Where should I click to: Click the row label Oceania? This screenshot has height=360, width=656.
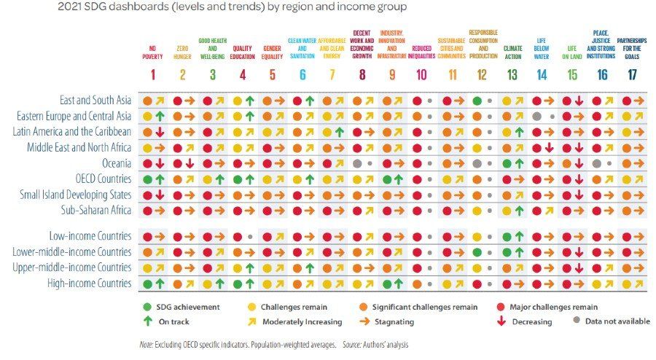coord(117,163)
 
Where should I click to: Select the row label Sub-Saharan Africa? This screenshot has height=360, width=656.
coord(96,210)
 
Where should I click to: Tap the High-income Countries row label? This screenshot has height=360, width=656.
coord(90,283)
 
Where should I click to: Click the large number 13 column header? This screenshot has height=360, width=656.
coord(512,75)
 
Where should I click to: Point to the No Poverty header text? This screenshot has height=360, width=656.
coord(152,52)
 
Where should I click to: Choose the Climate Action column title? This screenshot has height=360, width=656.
coord(512,52)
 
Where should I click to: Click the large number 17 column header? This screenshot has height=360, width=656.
coord(632,75)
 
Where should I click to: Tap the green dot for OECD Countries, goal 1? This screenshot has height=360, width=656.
coord(147,180)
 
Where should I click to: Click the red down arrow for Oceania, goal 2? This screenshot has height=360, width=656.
coord(190,164)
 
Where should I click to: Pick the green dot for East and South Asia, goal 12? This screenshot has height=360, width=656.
coord(477,101)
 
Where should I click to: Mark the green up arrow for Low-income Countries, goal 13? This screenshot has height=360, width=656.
coord(519,236)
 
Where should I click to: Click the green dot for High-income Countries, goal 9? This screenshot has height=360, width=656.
coord(387,284)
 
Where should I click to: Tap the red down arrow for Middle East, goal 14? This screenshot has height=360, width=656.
coord(550,148)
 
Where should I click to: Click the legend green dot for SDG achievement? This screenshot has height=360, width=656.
coord(147,307)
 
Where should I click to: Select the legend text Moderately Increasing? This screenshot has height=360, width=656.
coord(302,321)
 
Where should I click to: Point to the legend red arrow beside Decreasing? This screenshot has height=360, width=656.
coord(501,321)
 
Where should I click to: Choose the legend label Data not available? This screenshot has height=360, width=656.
coord(617,321)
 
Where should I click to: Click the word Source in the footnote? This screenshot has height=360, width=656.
coord(352,345)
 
